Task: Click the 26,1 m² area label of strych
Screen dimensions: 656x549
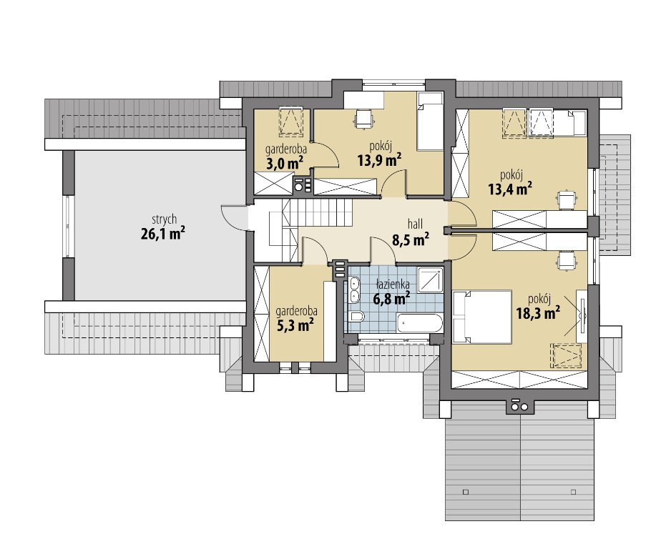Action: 163,233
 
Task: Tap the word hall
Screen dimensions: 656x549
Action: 415,224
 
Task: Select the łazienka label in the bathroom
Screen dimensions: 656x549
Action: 393,285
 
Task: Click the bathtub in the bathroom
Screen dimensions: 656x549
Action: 420,323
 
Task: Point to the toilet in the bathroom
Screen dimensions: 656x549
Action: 356,317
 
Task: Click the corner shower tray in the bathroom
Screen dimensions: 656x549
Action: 431,279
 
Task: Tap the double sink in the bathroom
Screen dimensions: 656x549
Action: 355,289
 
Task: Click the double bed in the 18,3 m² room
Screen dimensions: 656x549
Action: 482,317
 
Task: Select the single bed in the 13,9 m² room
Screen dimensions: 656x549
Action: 430,122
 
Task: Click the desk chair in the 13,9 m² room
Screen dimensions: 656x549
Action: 363,118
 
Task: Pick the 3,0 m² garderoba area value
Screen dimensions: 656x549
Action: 285,163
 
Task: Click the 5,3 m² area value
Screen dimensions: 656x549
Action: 295,325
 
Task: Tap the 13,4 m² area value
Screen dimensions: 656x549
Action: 510,189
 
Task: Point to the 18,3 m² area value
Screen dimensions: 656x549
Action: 538,313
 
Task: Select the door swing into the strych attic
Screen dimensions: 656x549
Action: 230,217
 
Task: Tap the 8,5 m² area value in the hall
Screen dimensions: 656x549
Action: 410,240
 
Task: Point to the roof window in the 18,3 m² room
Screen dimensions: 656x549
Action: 567,356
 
